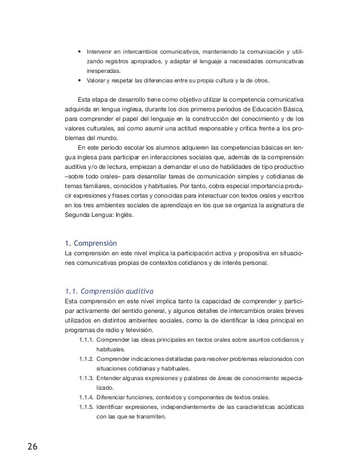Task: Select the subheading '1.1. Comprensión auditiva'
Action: pyautogui.click(x=109, y=291)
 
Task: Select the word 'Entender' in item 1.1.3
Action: pyautogui.click(x=109, y=378)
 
